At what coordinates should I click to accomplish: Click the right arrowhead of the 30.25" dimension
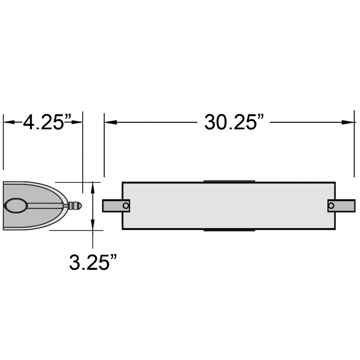coord(349,122)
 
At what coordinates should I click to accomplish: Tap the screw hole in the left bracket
coord(126,205)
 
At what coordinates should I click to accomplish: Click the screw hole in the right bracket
coord(331,205)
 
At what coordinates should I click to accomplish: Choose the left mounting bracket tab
coord(113,205)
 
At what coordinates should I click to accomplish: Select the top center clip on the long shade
coord(229,181)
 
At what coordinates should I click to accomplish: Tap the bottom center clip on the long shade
coord(229,230)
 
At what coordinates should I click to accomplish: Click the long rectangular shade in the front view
coord(228,205)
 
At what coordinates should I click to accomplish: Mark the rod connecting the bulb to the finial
coord(46,205)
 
